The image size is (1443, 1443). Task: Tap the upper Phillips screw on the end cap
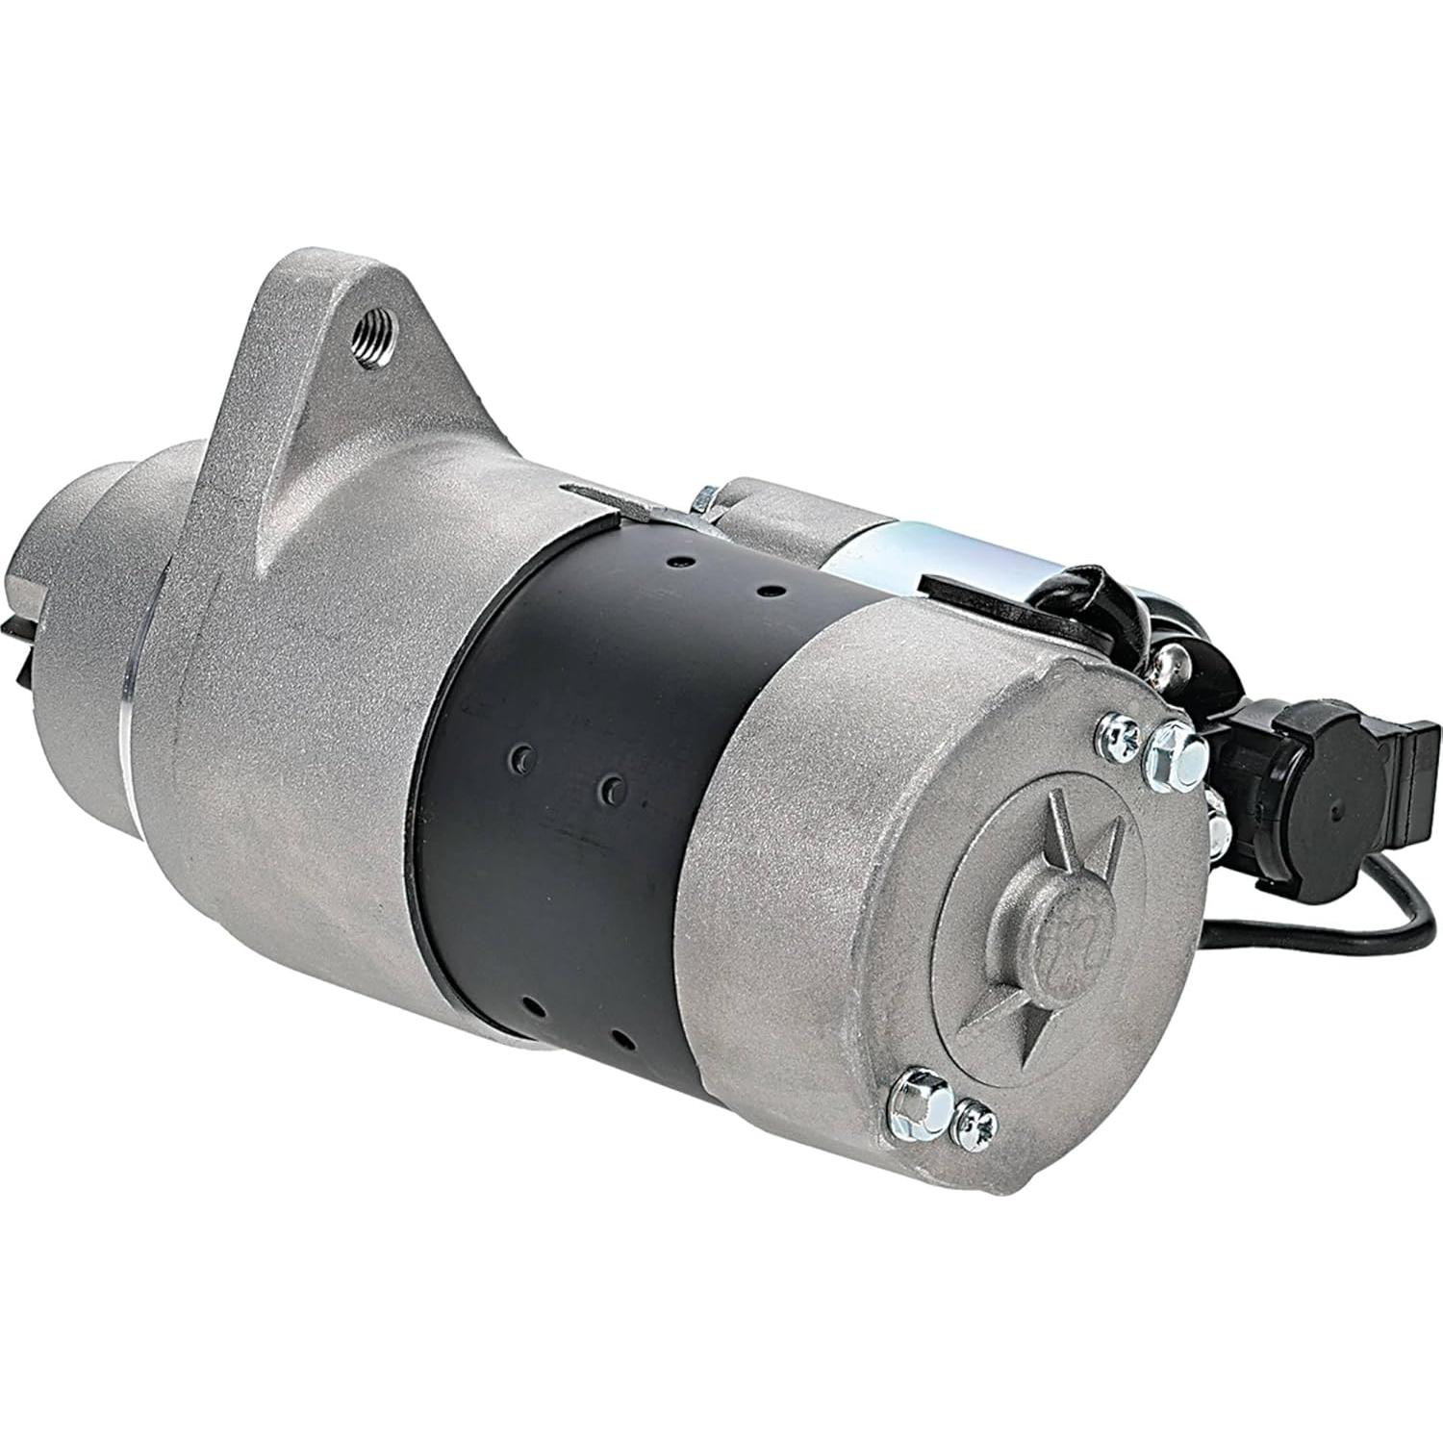(1119, 733)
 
